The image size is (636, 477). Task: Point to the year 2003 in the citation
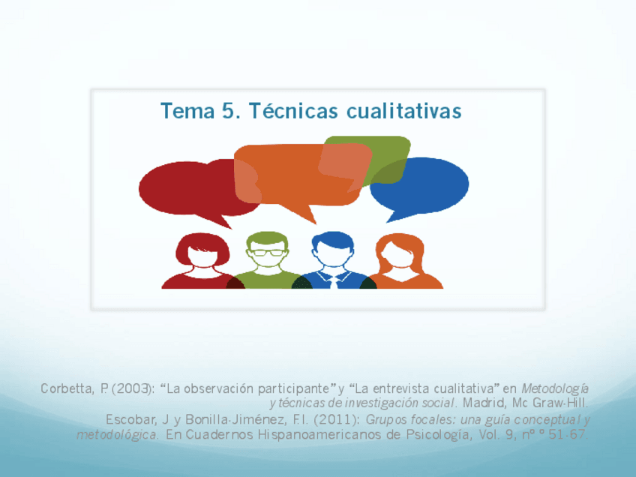(x=131, y=388)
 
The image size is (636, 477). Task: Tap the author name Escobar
(x=128, y=418)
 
